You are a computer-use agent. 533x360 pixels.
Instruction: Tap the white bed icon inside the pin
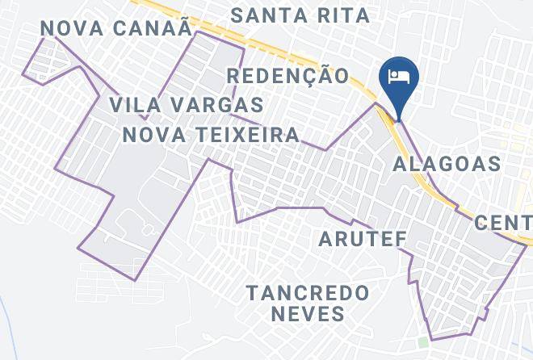tap(398, 77)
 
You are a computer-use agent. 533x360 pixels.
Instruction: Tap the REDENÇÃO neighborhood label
tap(288, 76)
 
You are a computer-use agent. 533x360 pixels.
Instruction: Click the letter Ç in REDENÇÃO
tap(316, 77)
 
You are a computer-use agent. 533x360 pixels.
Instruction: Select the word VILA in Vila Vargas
tap(136, 105)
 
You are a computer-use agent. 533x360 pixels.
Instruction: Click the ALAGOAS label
tap(447, 165)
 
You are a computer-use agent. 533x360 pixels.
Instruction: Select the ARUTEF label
tap(362, 239)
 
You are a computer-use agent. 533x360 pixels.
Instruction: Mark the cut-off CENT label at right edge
tap(504, 222)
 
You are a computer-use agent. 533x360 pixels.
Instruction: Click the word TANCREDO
tap(308, 291)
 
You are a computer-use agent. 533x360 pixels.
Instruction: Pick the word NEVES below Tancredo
tap(308, 312)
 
